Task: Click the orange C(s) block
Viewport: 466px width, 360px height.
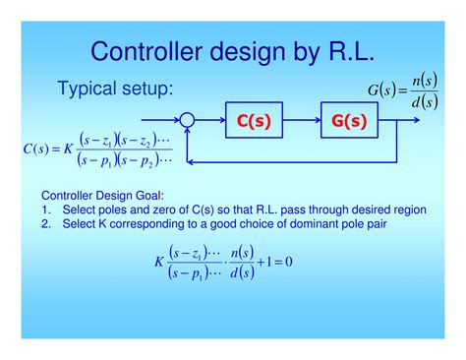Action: [x=253, y=121]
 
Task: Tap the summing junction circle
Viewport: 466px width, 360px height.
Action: [x=189, y=121]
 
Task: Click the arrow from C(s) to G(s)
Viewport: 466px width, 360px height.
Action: [x=301, y=121]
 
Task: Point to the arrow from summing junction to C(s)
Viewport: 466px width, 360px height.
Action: [x=210, y=121]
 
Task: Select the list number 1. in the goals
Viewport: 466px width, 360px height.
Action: [x=46, y=210]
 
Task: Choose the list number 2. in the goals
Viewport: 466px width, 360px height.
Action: [x=46, y=225]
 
